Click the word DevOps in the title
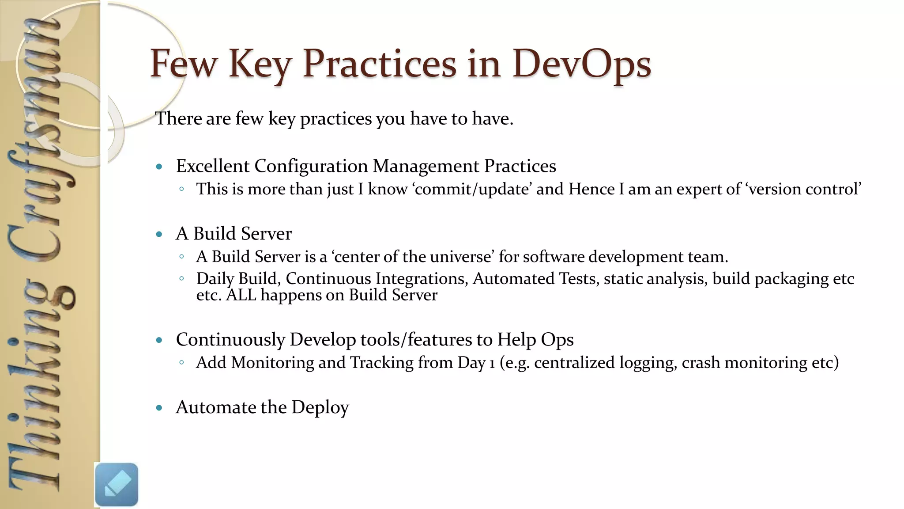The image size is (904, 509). point(581,64)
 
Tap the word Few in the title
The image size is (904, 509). point(184,64)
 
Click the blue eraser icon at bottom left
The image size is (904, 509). point(117,484)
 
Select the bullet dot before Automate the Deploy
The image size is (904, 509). point(159,408)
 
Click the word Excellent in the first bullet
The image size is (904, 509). point(213,166)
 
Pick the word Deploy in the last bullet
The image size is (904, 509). point(320,407)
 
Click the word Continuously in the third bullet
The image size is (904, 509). point(230,340)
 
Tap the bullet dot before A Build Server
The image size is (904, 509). point(159,234)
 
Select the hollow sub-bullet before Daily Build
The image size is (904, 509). point(181,279)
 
